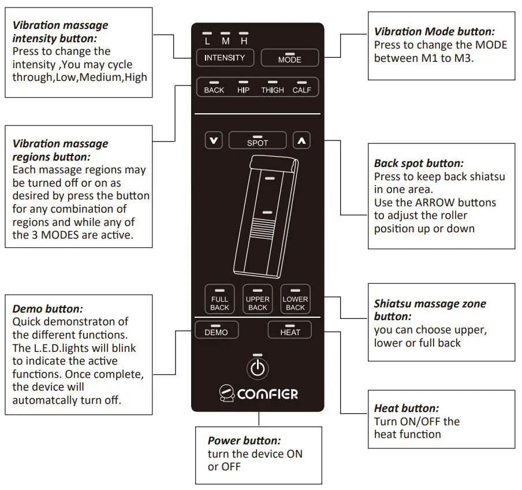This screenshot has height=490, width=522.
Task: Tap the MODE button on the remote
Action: pos(289,58)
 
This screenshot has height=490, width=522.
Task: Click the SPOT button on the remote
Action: pos(258,140)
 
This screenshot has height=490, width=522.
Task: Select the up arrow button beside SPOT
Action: pos(301,140)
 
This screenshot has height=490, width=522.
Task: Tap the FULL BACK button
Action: pos(219,300)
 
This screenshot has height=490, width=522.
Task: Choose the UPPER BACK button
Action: pos(258,300)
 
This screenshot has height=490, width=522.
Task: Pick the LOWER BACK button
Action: pos(295,300)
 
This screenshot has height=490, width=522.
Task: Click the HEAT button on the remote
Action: pos(290,331)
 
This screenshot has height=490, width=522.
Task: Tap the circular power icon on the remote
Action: pos(258,368)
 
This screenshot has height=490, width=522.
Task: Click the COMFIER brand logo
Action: pos(259,395)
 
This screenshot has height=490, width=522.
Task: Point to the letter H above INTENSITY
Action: pos(244,42)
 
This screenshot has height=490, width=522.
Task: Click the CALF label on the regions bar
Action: pos(301,90)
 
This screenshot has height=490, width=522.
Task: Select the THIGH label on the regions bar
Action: pos(273,90)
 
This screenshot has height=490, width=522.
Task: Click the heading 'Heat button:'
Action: pos(407,409)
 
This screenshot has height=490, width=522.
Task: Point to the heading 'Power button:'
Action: pos(244,440)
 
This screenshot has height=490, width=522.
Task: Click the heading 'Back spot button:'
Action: pos(419,164)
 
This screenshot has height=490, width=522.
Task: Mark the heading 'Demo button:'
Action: pos(47,309)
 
